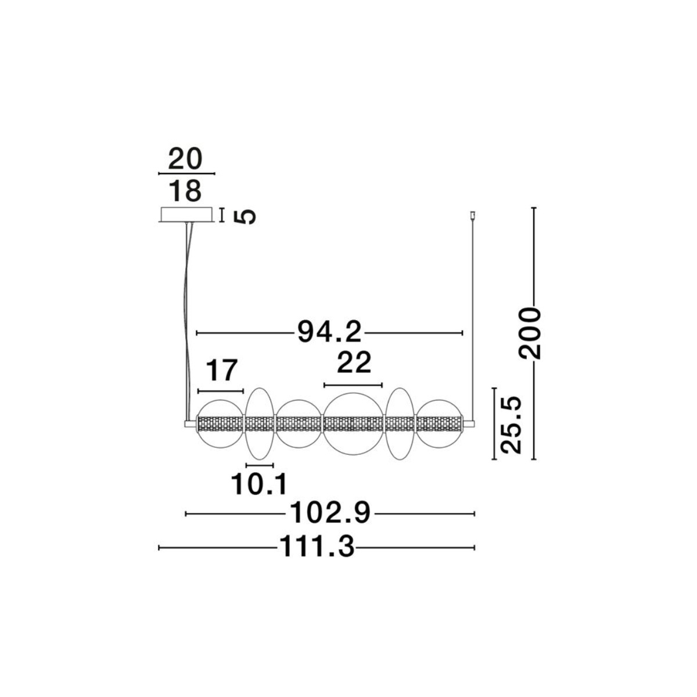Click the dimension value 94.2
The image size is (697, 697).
click(x=329, y=332)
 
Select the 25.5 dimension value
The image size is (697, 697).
click(x=511, y=425)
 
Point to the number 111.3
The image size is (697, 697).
click(x=317, y=547)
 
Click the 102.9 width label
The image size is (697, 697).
click(x=330, y=513)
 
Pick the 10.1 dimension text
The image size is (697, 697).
click(x=259, y=484)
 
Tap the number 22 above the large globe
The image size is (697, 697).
click(x=354, y=362)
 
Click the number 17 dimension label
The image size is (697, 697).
click(x=221, y=371)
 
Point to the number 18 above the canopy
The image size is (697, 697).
click(x=185, y=191)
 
